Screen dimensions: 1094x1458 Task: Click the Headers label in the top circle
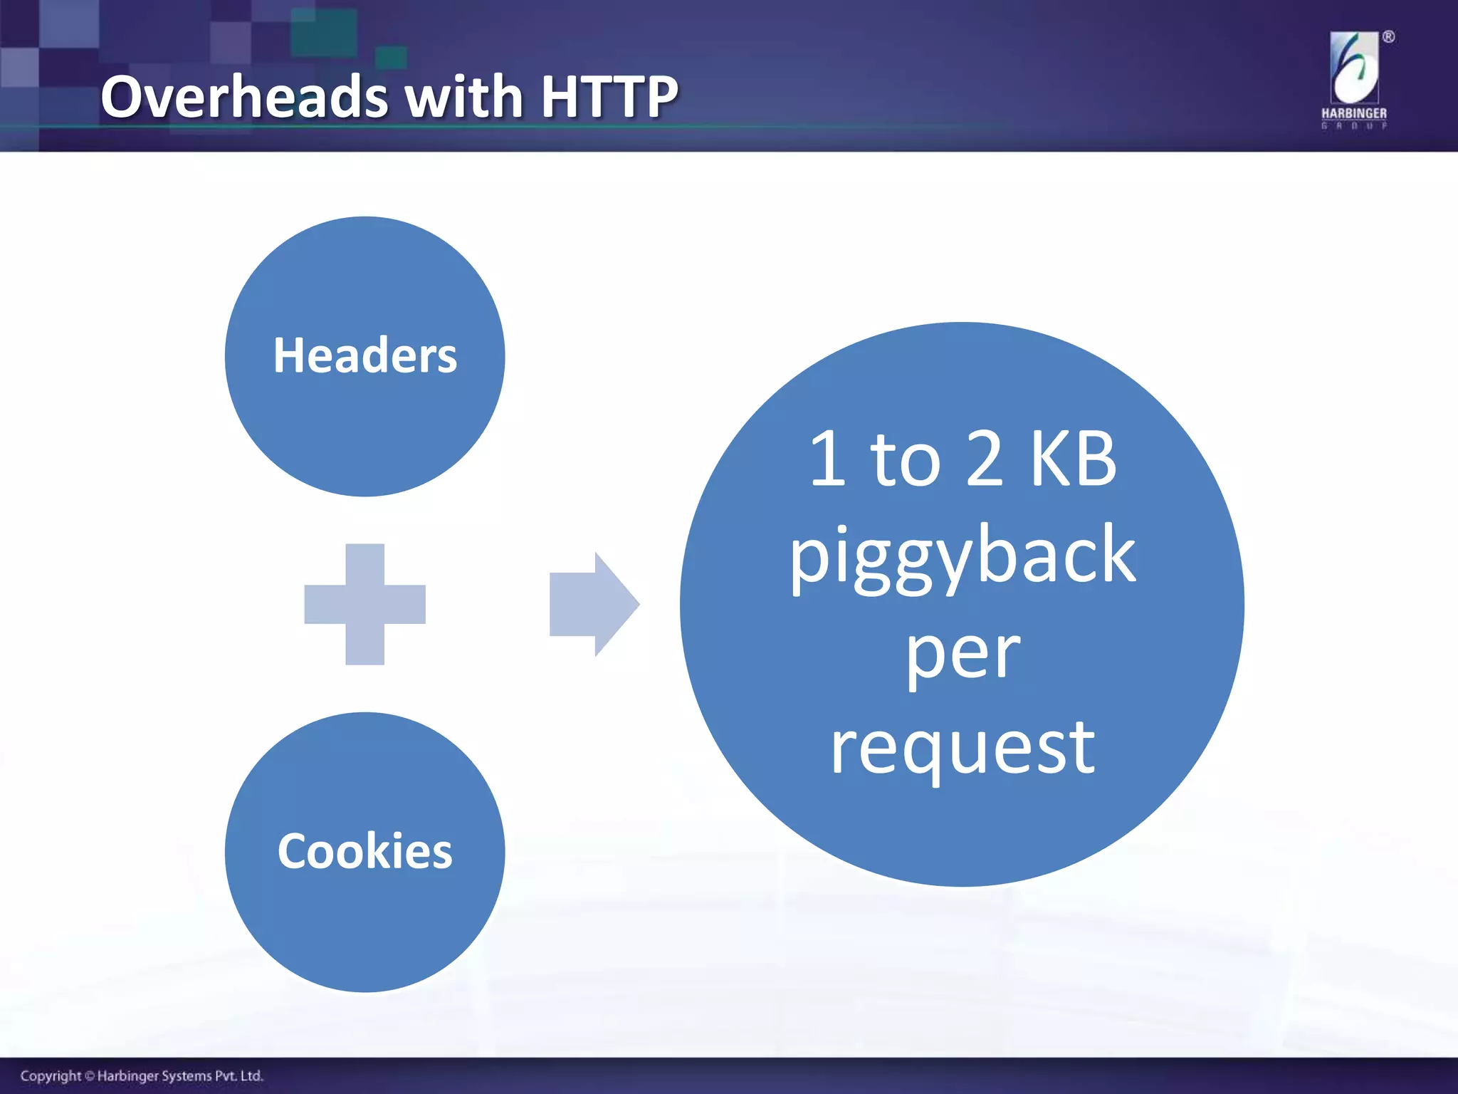364,355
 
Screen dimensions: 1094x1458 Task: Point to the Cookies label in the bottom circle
364,851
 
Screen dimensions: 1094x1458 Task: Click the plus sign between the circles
364,604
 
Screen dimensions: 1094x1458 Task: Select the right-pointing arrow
594,604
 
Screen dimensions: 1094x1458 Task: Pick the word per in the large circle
962,654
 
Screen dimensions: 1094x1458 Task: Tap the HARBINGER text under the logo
1354,113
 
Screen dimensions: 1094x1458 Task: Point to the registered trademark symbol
1388,37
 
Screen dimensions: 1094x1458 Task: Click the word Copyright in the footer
51,1075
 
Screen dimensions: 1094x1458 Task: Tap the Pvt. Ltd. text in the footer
239,1075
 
